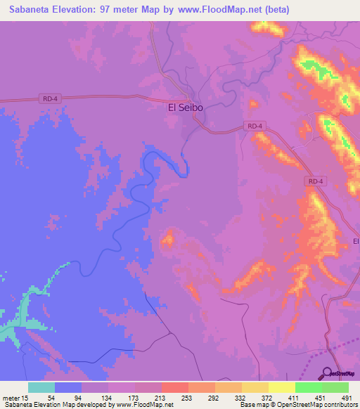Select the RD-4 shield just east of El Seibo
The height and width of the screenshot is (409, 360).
[x=255, y=126]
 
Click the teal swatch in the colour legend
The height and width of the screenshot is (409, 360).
[x=41, y=387]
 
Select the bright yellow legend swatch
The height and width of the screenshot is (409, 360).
[x=282, y=387]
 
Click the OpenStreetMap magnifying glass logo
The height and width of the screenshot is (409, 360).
[x=327, y=373]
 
